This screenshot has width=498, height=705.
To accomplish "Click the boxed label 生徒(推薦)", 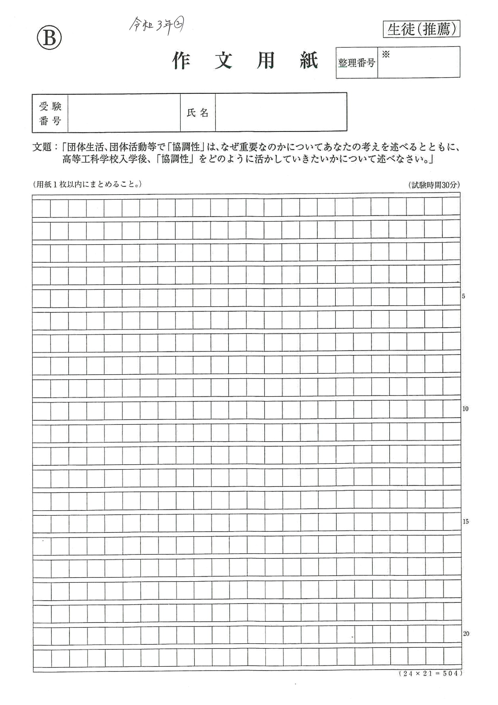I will [421, 29].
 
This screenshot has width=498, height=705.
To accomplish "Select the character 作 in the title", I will [181, 61].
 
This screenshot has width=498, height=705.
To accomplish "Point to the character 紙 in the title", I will [309, 61].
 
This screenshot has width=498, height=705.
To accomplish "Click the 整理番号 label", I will [356, 63].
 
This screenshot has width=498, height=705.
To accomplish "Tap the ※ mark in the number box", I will [386, 55].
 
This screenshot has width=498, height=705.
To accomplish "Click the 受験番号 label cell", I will [50, 113].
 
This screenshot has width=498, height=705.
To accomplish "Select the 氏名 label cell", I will [198, 113].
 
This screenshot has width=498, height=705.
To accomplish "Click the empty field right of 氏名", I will [281, 113].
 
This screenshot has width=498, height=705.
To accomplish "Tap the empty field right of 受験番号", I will [124, 113].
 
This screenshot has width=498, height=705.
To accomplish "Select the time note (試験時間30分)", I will [434, 185].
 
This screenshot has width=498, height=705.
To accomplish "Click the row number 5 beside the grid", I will [463, 296].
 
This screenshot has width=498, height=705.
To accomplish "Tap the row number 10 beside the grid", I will [465, 409].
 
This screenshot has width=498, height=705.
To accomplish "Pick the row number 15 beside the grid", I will [465, 522].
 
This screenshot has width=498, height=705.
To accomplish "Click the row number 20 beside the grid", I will [466, 634].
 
